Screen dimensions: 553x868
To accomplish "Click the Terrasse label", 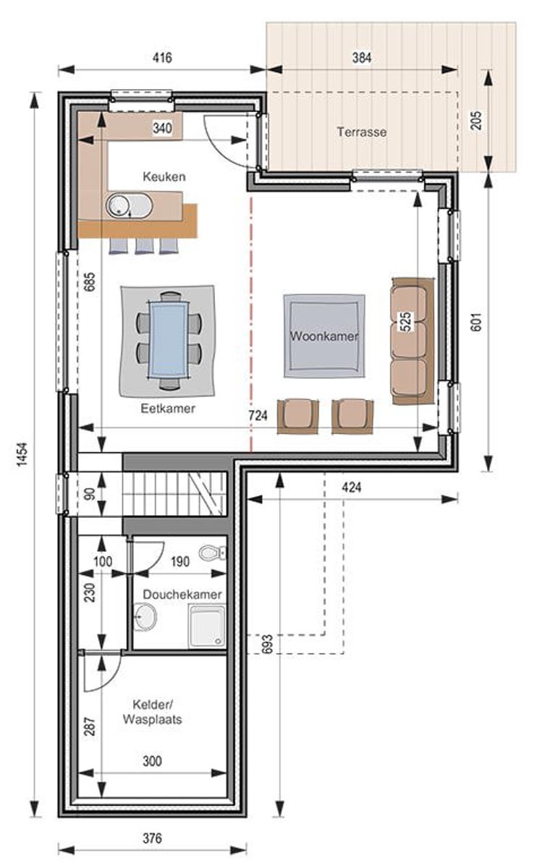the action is pos(361,132).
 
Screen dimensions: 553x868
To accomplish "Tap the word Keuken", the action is pos(164,176).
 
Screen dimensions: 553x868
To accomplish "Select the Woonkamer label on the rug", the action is pos(324,336).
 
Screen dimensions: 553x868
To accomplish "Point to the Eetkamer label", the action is pos(168,408).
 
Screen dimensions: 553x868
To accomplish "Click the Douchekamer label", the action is pos(182,594).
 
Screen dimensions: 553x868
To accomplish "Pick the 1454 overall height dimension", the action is pos(23,454).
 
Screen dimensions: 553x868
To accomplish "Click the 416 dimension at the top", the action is pos(162,58).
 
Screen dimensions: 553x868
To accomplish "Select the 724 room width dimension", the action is pos(258,415).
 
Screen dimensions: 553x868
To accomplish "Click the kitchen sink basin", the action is pos(129,205).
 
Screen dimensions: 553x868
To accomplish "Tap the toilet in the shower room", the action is pos(213,553).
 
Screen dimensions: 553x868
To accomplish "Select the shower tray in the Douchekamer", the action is pos(207,626).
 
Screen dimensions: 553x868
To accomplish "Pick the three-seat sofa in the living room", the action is pos(413,341).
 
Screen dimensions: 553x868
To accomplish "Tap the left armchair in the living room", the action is pos(297,417).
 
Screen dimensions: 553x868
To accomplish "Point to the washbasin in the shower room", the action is pos(145,617).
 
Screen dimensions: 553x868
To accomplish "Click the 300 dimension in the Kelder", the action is pos(152,762).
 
